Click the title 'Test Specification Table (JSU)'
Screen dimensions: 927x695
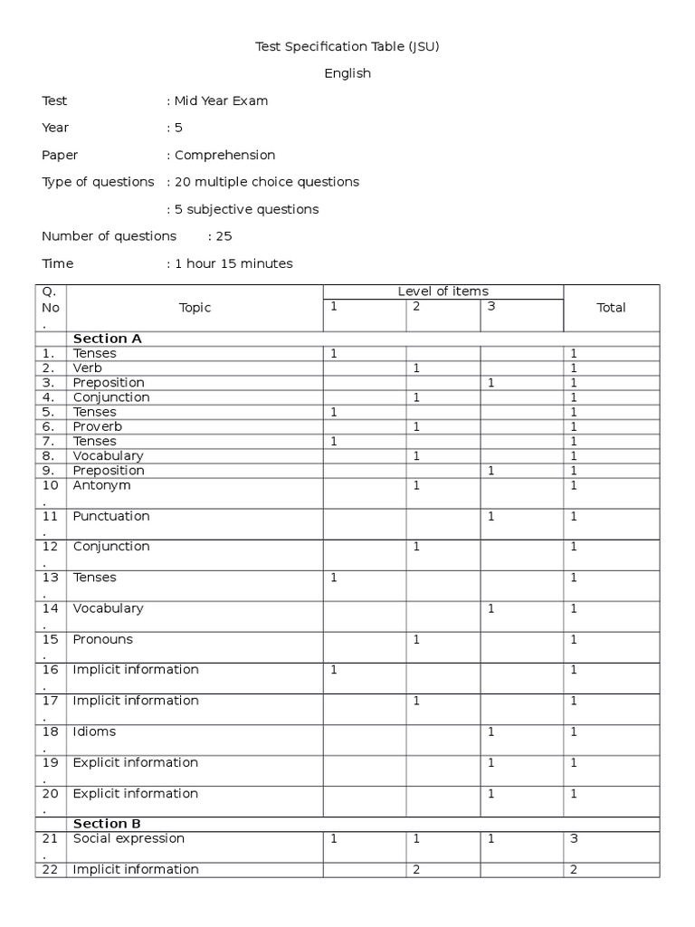pyautogui.click(x=347, y=46)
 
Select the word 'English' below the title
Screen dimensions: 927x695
pyautogui.click(x=347, y=73)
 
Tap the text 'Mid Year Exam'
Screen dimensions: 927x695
pyautogui.click(x=221, y=100)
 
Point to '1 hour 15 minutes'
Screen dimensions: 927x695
pyautogui.click(x=233, y=263)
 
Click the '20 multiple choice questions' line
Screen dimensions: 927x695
pyautogui.click(x=266, y=182)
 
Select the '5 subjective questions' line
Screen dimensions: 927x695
pyautogui.click(x=246, y=209)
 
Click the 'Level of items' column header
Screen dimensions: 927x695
pyautogui.click(x=443, y=291)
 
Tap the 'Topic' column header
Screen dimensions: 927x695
pyautogui.click(x=195, y=308)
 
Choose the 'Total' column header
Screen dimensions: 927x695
pyautogui.click(x=611, y=308)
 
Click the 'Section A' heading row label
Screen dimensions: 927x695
pyautogui.click(x=108, y=339)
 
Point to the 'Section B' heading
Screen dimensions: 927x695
pyautogui.click(x=108, y=824)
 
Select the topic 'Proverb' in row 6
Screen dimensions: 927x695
pyautogui.click(x=98, y=426)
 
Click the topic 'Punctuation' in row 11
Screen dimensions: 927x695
pyautogui.click(x=111, y=516)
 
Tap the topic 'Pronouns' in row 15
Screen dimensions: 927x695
pyautogui.click(x=103, y=639)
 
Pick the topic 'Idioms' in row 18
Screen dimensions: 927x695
pyautogui.click(x=95, y=731)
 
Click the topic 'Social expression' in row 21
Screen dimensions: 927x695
pyautogui.click(x=129, y=839)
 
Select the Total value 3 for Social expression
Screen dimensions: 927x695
pyautogui.click(x=574, y=839)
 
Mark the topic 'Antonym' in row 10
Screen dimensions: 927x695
pyautogui.click(x=101, y=485)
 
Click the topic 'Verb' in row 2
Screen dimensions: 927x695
pyautogui.click(x=88, y=368)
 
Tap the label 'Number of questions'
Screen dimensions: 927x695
pyautogui.click(x=109, y=236)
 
